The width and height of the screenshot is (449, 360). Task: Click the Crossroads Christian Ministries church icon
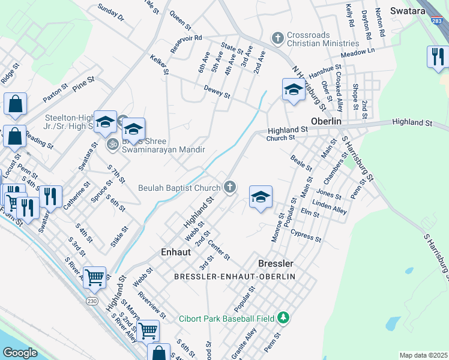tap(277, 38)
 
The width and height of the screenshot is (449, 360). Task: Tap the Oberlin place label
tap(326, 121)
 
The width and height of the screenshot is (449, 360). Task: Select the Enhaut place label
tap(176, 253)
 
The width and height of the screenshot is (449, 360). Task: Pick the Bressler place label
tap(276, 263)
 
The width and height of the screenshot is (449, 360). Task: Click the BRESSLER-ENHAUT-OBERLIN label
tap(234, 276)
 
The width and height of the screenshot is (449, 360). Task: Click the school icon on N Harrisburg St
tap(293, 90)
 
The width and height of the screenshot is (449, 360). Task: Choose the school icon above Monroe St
tap(260, 197)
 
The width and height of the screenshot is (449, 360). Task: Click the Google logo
tap(20, 353)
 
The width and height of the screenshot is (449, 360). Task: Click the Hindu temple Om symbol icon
tap(112, 144)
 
